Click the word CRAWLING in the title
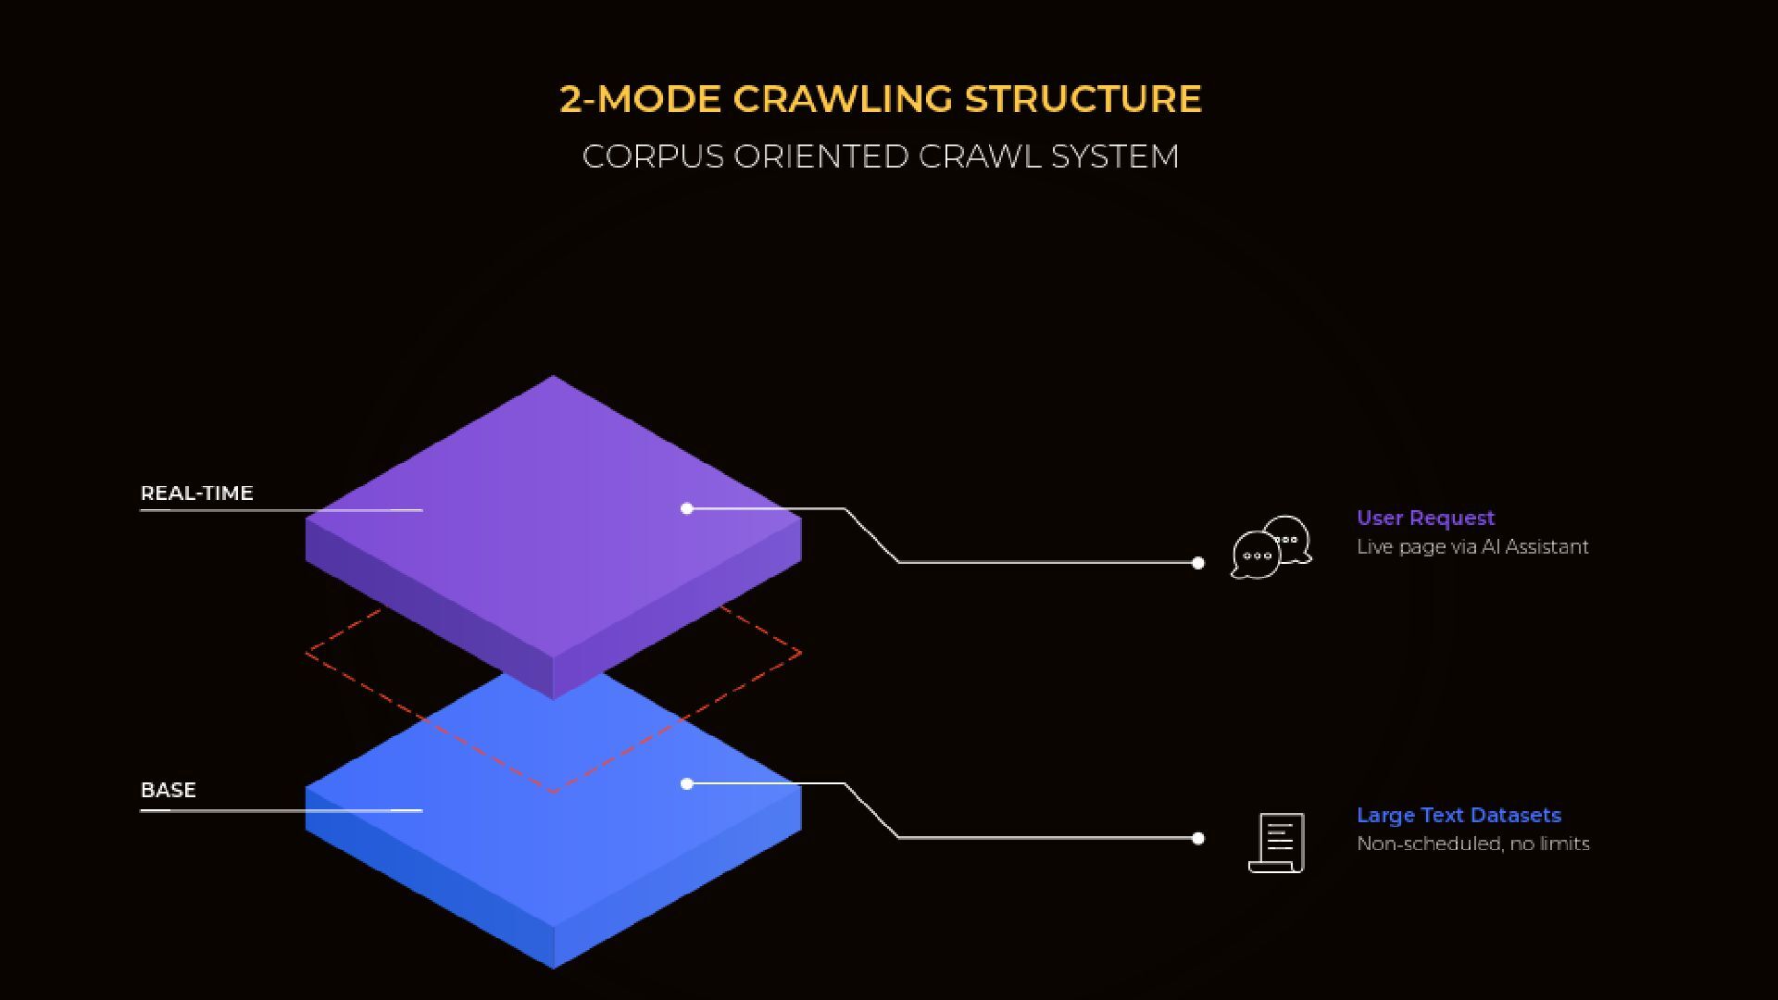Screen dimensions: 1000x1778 (842, 99)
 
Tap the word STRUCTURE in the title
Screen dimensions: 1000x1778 (1083, 99)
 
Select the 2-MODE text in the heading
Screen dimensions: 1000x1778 (640, 99)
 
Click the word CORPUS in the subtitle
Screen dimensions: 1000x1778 (653, 156)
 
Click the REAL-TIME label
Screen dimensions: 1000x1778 (196, 494)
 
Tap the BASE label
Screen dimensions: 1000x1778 (169, 791)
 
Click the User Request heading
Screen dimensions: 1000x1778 (1425, 519)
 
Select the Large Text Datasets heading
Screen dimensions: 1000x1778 (1459, 816)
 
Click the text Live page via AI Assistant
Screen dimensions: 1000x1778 (1472, 547)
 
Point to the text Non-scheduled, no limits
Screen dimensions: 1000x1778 (1472, 844)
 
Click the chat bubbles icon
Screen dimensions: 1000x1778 (1271, 548)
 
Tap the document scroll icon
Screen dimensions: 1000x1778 (1277, 843)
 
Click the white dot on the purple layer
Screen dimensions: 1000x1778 (686, 508)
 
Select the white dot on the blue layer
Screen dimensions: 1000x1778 (686, 784)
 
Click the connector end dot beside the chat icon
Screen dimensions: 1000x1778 (1197, 563)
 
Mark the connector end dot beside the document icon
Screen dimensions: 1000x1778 (1197, 839)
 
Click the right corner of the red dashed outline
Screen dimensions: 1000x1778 (799, 654)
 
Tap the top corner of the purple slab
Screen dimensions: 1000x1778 (553, 377)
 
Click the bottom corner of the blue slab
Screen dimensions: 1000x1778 (553, 967)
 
